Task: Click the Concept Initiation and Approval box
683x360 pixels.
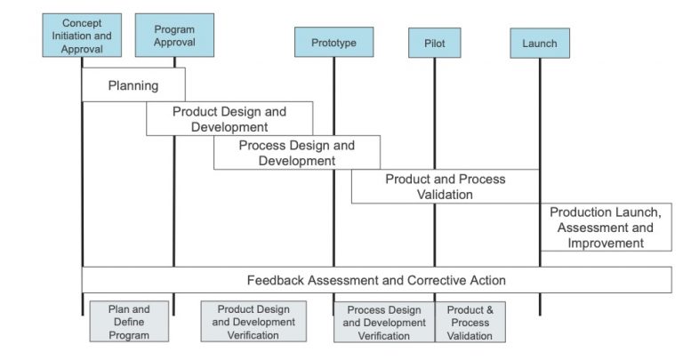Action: point(81,36)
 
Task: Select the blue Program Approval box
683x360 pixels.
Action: point(174,36)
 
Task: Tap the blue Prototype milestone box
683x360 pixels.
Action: point(333,43)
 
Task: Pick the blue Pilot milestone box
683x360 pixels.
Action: point(435,43)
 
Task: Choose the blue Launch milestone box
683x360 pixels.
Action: point(540,43)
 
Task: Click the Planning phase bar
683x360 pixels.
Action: point(133,85)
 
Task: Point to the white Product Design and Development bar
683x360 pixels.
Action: point(229,119)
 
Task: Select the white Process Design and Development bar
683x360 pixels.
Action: point(296,153)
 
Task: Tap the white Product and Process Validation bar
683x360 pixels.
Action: point(445,187)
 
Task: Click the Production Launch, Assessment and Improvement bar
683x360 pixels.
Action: point(605,228)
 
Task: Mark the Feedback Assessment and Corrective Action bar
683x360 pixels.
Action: point(376,280)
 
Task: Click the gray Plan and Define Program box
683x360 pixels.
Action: point(129,322)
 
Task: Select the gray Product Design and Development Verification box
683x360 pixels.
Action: point(253,322)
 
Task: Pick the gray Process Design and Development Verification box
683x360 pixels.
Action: point(384,323)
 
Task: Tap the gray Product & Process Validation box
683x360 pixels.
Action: point(470,323)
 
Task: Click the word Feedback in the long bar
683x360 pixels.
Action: point(276,280)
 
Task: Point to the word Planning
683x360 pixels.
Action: point(133,85)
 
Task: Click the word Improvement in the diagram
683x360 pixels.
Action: point(605,243)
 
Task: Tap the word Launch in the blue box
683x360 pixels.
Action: point(540,43)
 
